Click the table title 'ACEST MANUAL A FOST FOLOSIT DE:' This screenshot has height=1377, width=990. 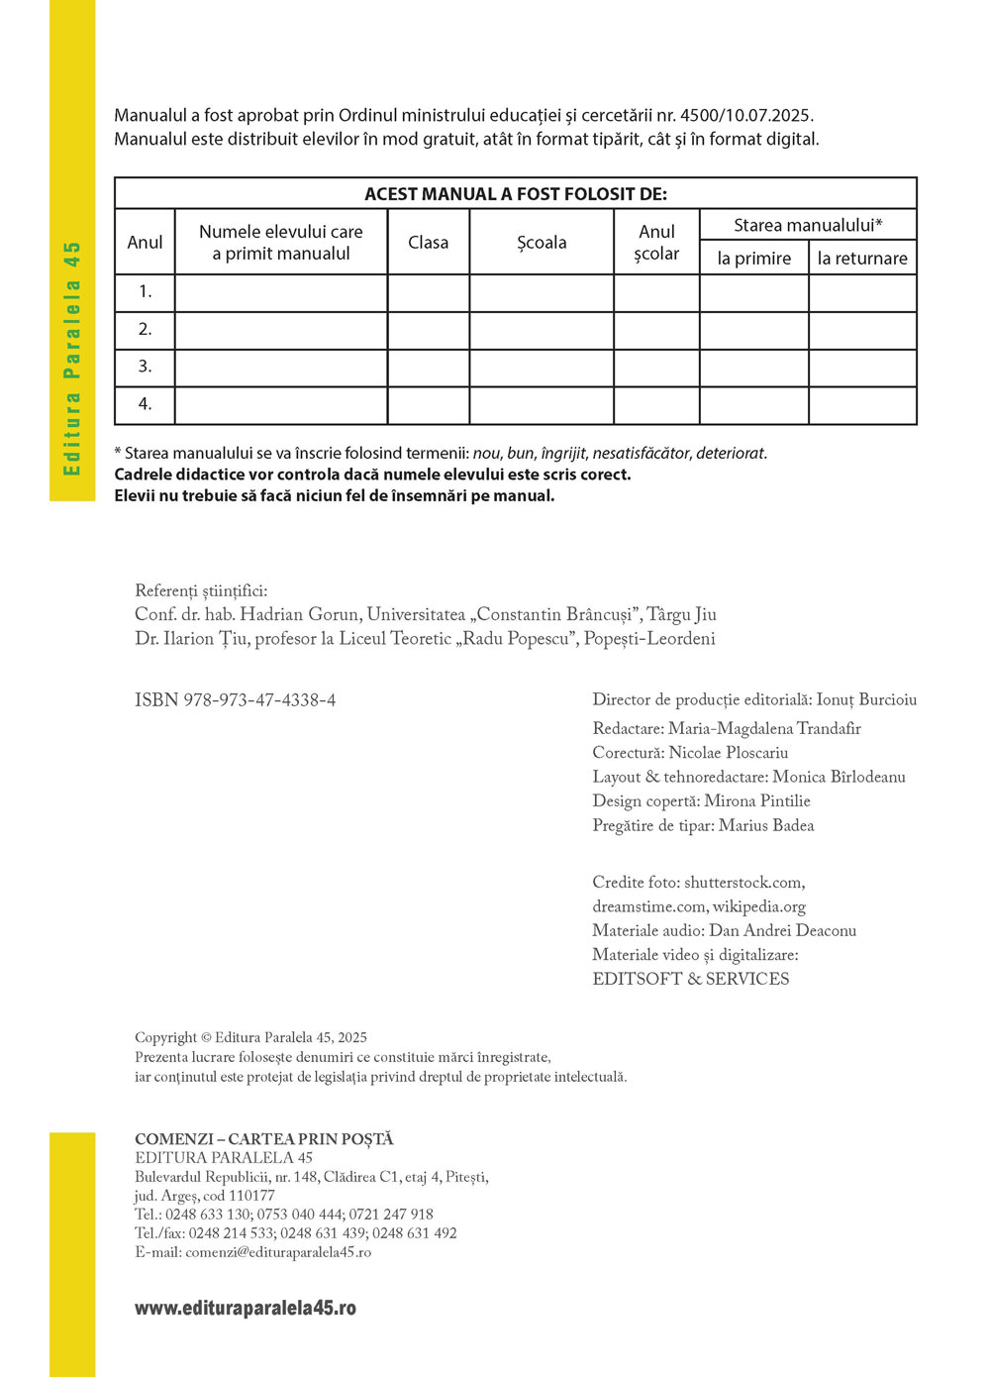click(x=516, y=194)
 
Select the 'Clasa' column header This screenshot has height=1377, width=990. click(x=428, y=242)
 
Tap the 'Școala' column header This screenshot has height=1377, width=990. click(x=542, y=242)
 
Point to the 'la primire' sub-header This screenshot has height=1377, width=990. click(x=753, y=259)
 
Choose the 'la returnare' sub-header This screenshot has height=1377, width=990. click(x=862, y=259)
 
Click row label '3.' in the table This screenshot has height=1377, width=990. click(x=145, y=367)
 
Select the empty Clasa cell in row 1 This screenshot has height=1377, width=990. click(x=428, y=292)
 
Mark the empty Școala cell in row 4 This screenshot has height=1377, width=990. click(x=542, y=405)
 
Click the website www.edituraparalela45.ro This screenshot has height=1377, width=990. click(x=246, y=1308)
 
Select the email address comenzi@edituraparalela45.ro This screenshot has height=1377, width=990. click(x=278, y=1252)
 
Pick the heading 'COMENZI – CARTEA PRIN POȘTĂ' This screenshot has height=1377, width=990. click(x=264, y=1139)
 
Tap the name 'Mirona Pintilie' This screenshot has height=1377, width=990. click(x=757, y=801)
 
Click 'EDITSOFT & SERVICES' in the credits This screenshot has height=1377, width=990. click(x=690, y=979)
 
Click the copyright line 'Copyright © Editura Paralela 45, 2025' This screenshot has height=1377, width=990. click(x=250, y=1037)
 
